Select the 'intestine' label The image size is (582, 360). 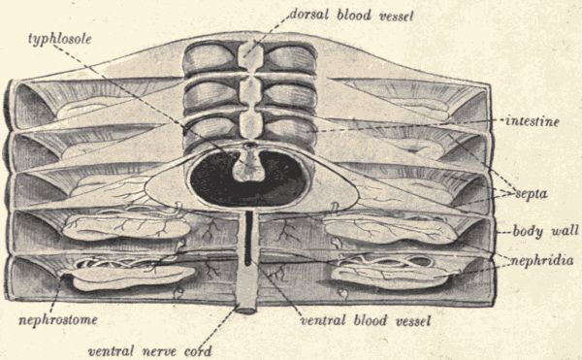(530, 120)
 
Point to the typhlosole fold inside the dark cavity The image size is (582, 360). (249, 166)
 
